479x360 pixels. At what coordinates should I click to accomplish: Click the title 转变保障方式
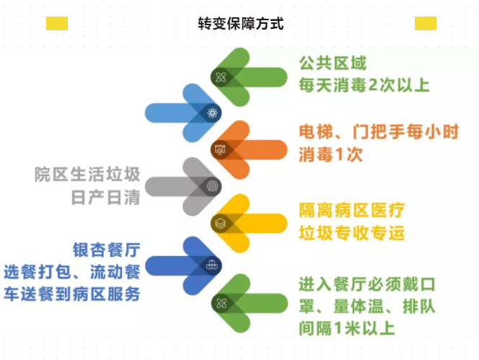pos(241,24)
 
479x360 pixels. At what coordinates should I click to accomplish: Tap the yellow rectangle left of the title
pos(57,24)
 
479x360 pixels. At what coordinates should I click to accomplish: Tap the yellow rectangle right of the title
pos(425,24)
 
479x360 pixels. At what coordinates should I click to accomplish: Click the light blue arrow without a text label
pos(183,113)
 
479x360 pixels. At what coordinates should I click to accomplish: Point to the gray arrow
pos(183,186)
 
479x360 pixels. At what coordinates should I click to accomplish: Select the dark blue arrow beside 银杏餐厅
pos(183,265)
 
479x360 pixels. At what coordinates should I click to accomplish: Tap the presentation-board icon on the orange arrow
pos(220,150)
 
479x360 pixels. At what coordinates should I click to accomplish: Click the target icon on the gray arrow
pos(212,186)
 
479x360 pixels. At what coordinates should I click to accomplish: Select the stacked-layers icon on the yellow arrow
pos(220,224)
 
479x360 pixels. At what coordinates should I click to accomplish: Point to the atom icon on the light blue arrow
pos(212,113)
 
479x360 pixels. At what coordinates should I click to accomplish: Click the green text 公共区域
pos(333,63)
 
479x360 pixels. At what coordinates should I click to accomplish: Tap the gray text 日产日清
pos(106,197)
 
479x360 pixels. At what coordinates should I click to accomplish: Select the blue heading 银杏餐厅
pos(107,250)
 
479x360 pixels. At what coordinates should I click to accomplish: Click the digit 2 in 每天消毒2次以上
pos(373,85)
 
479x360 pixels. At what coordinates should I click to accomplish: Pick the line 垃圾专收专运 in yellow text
pos(352,234)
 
